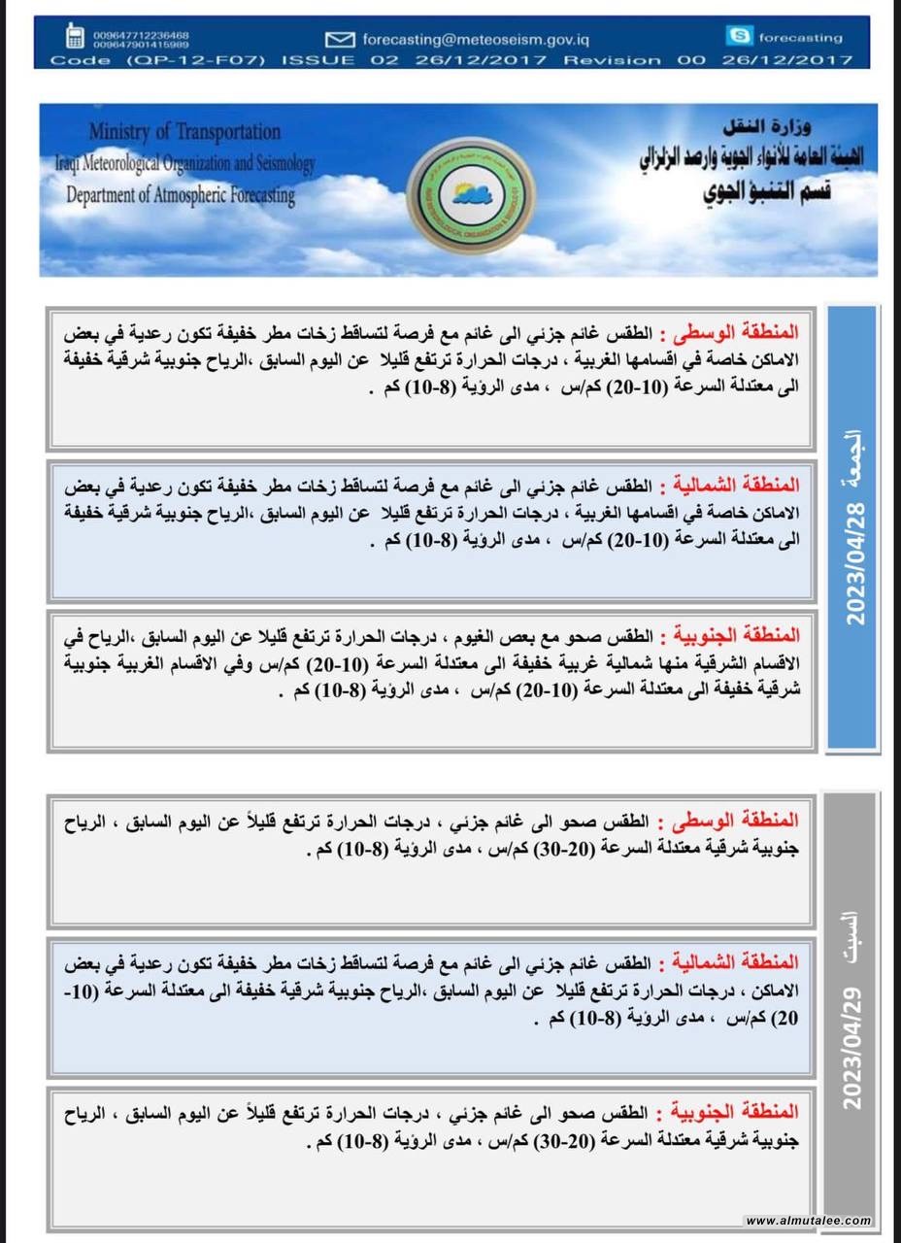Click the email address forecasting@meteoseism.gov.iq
pos(476,40)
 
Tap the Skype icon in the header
pos(739,37)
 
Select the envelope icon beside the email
pos(340,40)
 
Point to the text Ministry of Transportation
pos(184,132)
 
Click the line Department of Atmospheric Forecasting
pos(181,194)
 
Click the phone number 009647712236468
pos(142,35)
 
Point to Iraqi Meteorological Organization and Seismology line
pos(184,164)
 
